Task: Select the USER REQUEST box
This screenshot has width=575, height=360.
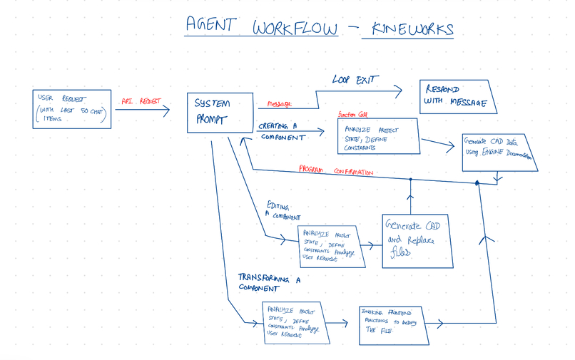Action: [x=71, y=108]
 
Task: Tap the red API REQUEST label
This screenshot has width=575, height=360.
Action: [x=141, y=102]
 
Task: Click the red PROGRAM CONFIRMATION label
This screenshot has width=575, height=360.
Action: [x=340, y=172]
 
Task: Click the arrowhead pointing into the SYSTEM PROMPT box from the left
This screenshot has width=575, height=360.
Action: [x=168, y=110]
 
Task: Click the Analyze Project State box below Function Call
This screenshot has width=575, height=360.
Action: [x=378, y=135]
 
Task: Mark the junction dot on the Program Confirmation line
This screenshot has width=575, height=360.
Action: [x=477, y=183]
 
